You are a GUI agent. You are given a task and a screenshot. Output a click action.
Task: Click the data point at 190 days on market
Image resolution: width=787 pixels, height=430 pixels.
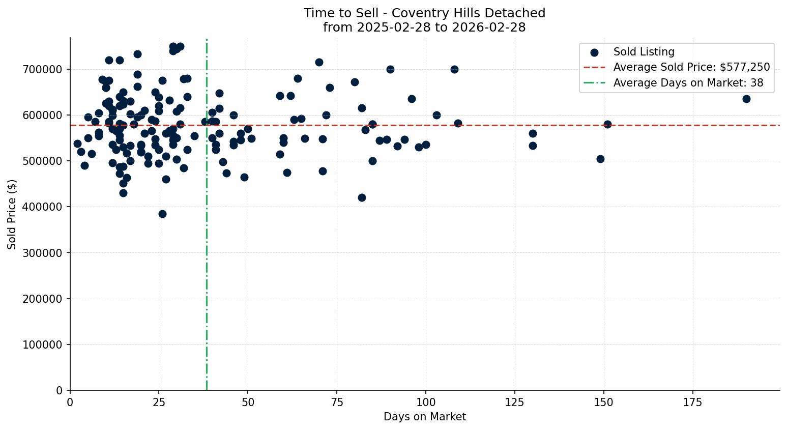tap(746, 99)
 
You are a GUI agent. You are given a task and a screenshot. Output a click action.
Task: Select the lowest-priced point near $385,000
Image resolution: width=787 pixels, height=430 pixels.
tap(162, 214)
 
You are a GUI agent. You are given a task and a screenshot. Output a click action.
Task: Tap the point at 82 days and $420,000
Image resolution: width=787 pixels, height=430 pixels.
tap(362, 197)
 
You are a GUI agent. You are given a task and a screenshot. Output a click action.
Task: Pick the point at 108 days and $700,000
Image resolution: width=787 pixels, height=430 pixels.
tap(454, 69)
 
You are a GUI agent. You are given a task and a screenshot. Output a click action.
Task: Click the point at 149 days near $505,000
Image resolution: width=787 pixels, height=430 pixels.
tap(600, 159)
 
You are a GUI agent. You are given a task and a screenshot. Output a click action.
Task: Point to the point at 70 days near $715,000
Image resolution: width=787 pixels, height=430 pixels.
tap(319, 62)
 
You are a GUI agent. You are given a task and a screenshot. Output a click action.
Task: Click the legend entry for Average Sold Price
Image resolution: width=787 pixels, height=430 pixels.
tap(691, 67)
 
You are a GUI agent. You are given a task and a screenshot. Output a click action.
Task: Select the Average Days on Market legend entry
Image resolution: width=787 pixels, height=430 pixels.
tap(688, 83)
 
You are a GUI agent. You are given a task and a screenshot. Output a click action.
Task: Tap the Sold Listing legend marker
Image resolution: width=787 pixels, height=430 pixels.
tap(594, 52)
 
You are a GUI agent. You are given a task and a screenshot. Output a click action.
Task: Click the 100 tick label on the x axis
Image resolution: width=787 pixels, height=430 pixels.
tap(425, 403)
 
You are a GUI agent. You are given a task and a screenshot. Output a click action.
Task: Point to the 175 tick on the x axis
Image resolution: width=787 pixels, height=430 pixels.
tap(692, 403)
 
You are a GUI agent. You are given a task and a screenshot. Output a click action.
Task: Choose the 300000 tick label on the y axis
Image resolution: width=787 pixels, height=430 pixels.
tap(43, 253)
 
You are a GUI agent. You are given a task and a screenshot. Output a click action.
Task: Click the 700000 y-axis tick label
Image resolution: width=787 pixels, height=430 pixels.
tap(43, 69)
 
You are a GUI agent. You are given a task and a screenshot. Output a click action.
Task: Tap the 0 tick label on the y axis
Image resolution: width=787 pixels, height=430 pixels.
tap(60, 390)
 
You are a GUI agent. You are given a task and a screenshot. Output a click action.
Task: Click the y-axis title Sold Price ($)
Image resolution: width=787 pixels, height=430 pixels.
tap(12, 214)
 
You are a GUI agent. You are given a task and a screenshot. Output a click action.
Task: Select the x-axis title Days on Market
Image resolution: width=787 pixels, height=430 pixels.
tap(425, 417)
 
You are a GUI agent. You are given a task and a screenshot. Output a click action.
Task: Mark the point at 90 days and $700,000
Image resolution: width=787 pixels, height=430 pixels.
tap(390, 69)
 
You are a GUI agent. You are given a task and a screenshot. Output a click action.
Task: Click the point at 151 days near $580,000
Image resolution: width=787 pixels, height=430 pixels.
tap(607, 124)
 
